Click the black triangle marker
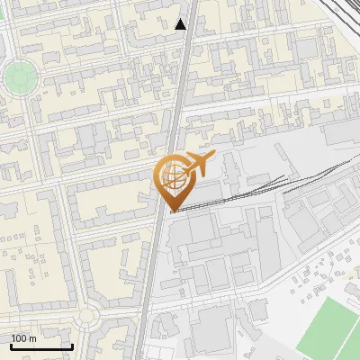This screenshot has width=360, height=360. [182, 25]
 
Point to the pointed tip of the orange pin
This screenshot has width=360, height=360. [172, 211]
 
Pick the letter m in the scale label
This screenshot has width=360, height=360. [31, 338]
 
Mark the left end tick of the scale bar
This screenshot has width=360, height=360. [11, 346]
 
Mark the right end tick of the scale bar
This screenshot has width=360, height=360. [72, 346]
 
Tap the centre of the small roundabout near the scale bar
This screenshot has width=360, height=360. [87, 315]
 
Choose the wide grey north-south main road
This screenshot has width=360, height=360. [158, 261]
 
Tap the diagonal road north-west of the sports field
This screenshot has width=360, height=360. [297, 270]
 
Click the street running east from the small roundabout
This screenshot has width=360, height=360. [117, 310]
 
